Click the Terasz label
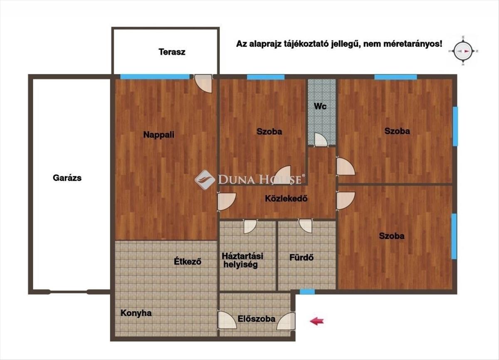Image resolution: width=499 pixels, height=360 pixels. [172, 52]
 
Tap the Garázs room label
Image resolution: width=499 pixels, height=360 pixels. [67, 178]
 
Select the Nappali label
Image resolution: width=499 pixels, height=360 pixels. [158, 135]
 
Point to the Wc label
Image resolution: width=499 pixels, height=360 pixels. [320, 106]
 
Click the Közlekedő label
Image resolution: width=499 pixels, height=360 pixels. [286, 199]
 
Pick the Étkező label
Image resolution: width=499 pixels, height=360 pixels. [188, 261]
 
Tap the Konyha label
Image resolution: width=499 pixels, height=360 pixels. [136, 313]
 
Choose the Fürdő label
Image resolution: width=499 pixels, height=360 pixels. [301, 258]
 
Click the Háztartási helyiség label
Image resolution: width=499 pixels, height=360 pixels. [242, 261]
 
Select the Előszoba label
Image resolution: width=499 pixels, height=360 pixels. [257, 319]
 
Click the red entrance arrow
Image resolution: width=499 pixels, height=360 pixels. [317, 321]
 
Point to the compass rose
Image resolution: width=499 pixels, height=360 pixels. [463, 51]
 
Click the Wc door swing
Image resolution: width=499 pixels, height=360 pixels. [321, 140]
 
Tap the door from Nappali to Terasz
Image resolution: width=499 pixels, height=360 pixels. [203, 83]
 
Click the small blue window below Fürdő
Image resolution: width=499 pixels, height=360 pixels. [307, 291]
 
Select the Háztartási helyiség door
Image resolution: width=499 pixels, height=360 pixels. [250, 226]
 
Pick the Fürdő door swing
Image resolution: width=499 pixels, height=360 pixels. [305, 226]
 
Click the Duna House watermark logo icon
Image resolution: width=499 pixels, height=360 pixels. [205, 180]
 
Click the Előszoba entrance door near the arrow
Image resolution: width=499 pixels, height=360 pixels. [286, 321]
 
